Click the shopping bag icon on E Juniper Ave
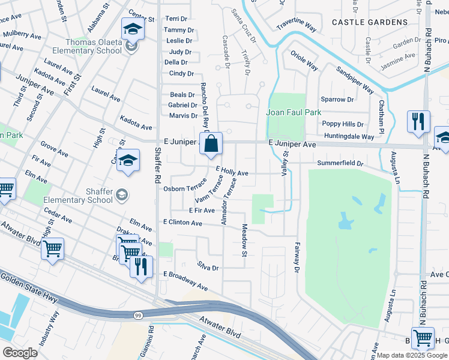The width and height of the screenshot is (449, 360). pos(211,144)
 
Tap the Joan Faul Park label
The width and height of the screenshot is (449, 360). pos(294,112)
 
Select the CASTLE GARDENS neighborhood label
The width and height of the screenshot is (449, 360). pos(369,22)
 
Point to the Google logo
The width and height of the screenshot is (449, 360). pos(20,353)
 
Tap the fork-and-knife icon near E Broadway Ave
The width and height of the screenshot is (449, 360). pos(141,266)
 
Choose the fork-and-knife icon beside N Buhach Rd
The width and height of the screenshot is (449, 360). pos(418,121)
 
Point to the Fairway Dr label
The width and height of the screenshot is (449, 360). pos(297,257)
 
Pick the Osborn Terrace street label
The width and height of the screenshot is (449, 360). pos(184,188)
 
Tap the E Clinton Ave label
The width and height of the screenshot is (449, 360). pos(182,223)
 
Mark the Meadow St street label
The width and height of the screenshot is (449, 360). pos(245,240)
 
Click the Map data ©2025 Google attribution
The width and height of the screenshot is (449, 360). pos(412,355)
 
